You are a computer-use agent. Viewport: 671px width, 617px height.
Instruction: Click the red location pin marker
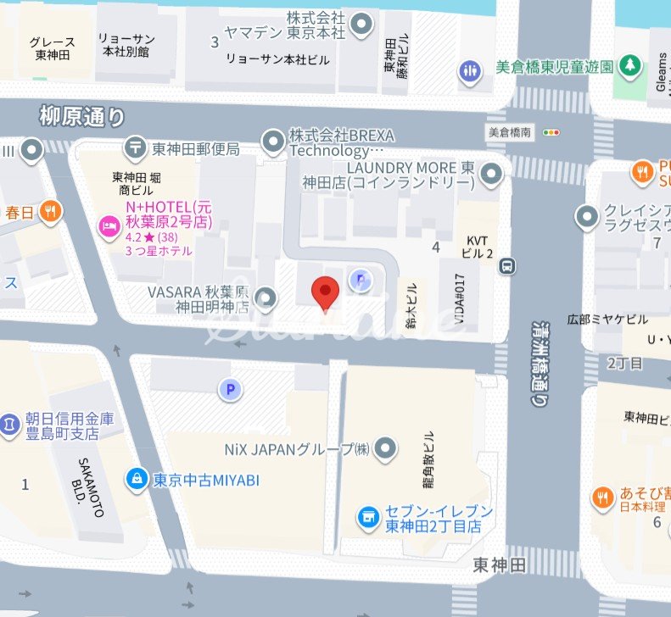pyautogui.click(x=326, y=292)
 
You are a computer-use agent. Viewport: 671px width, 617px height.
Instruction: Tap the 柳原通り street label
pyautogui.click(x=81, y=116)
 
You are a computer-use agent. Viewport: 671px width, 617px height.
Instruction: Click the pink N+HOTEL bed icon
pyautogui.click(x=109, y=227)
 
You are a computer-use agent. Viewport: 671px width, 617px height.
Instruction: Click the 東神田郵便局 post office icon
pyautogui.click(x=135, y=147)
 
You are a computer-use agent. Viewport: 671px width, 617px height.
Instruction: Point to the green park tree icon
pyautogui.click(x=629, y=64)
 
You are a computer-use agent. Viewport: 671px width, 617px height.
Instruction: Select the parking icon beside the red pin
pyautogui.click(x=361, y=280)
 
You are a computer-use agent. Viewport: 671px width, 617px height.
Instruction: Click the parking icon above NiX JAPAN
pyautogui.click(x=228, y=389)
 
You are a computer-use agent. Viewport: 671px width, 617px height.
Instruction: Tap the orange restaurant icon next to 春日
pyautogui.click(x=51, y=211)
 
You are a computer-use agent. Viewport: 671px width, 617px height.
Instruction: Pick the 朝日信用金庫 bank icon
pyautogui.click(x=8, y=420)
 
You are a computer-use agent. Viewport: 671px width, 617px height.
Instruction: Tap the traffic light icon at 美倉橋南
pyautogui.click(x=553, y=132)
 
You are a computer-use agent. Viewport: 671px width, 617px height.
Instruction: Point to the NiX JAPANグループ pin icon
pyautogui.click(x=386, y=447)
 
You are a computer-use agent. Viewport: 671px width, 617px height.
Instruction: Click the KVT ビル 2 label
pyautogui.click(x=473, y=247)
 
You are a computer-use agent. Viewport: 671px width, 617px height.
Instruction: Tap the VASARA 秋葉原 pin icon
pyautogui.click(x=266, y=297)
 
